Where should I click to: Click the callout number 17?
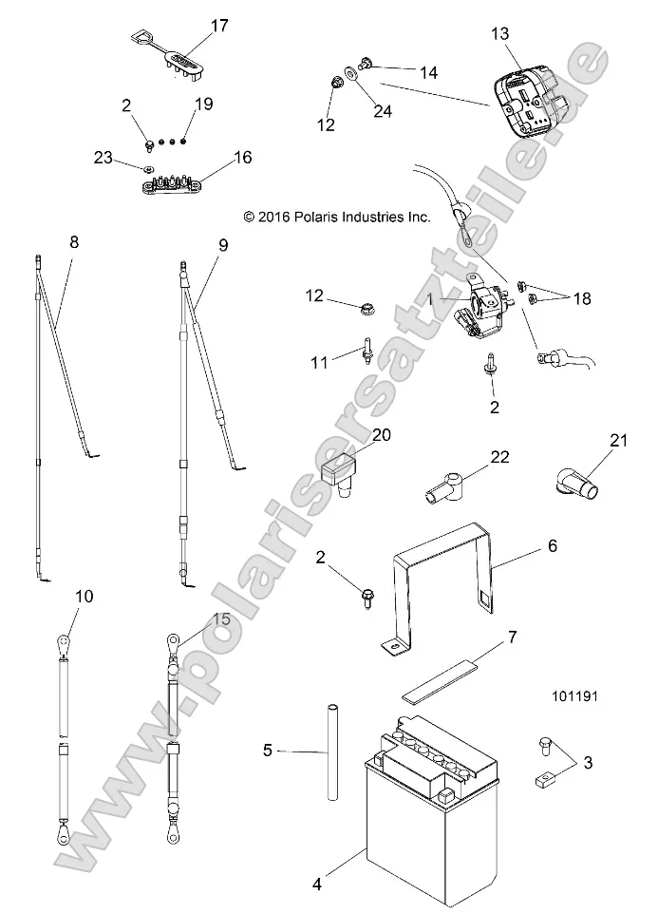pyautogui.click(x=219, y=26)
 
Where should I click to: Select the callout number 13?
pyautogui.click(x=500, y=34)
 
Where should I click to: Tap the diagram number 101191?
pyautogui.click(x=602, y=695)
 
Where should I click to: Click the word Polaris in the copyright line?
pyautogui.click(x=319, y=217)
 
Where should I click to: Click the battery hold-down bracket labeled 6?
pyautogui.click(x=446, y=589)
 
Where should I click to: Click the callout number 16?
pyautogui.click(x=243, y=157)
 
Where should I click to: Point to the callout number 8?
pyautogui.click(x=74, y=243)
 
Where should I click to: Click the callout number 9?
pyautogui.click(x=223, y=244)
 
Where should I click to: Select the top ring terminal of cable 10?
pyautogui.click(x=64, y=646)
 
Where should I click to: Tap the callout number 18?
pyautogui.click(x=581, y=298)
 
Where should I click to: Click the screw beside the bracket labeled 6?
pyautogui.click(x=367, y=598)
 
